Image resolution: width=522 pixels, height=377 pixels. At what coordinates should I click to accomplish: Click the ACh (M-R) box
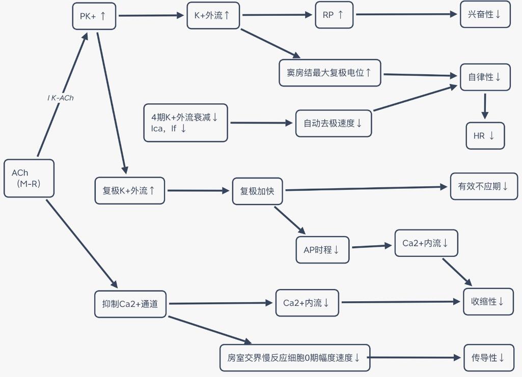pos(29,179)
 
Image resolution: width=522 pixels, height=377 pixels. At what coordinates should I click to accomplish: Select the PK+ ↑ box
pos(94,16)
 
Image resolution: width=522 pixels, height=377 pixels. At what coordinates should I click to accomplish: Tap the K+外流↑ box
pos(213,15)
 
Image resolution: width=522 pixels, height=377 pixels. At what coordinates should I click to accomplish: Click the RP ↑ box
pos(334,15)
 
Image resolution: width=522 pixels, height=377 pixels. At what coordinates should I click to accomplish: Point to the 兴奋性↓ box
pos(485,14)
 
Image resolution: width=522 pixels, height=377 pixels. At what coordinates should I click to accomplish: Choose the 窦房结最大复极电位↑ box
pos(330,73)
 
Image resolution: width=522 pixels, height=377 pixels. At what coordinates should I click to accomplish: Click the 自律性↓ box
pos(485,77)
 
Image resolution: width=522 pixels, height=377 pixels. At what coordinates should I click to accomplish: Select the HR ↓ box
pos(485,136)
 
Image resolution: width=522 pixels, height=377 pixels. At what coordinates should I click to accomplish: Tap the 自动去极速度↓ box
pos(333,123)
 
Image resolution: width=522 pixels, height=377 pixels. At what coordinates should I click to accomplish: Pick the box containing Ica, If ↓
pos(185,123)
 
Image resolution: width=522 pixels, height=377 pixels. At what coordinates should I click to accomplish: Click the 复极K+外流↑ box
pos(129,191)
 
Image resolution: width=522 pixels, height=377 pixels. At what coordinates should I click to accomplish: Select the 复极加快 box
pos(257,191)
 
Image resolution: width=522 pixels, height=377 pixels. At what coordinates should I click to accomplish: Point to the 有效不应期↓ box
pos(483,186)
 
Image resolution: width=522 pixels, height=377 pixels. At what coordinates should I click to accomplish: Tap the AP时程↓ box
pos(322,250)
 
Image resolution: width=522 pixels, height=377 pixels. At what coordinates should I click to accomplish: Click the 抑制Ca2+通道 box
pos(130,304)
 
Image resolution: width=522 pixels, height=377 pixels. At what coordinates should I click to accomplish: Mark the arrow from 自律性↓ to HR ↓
pos(485,106)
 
